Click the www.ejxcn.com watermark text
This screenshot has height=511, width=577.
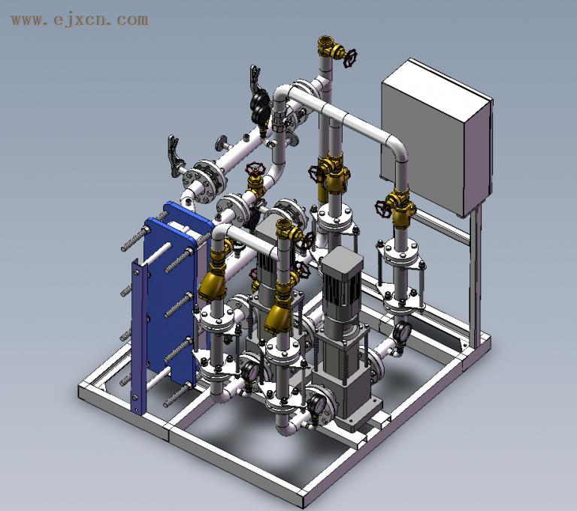pyautogui.click(x=80, y=20)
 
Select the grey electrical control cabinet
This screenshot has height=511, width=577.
pyautogui.click(x=437, y=137)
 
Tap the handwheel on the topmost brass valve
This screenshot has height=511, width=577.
pyautogui.click(x=350, y=58)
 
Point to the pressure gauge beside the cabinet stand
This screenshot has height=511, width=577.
pyautogui.click(x=401, y=332)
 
